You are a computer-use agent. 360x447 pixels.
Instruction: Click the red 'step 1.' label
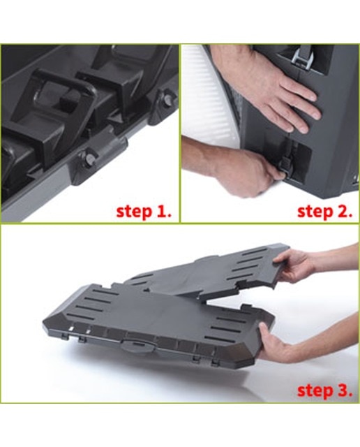(x=144, y=212)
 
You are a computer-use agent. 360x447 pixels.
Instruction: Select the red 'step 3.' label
(x=324, y=390)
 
